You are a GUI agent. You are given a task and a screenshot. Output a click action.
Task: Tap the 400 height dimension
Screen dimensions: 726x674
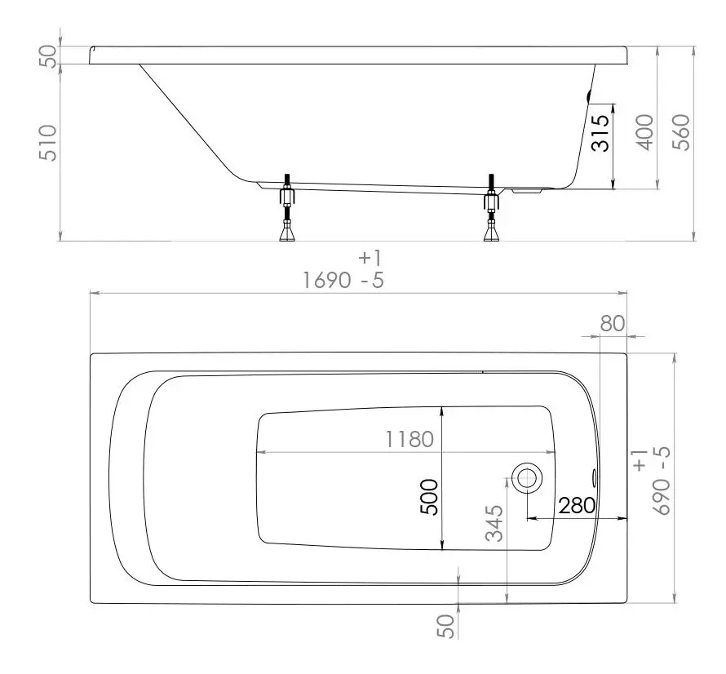click(644, 132)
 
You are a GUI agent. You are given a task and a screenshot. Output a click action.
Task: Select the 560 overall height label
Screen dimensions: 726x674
click(680, 132)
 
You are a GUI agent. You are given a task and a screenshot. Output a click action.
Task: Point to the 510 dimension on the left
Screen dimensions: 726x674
click(47, 143)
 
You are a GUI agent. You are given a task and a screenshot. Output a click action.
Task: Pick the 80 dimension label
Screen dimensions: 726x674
click(612, 323)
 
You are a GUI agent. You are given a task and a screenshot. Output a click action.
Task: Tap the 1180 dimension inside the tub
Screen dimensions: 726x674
click(409, 439)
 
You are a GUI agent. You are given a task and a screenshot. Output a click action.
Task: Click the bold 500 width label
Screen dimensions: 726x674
click(429, 497)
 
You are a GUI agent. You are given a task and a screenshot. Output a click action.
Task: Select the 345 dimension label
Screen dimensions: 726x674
click(494, 523)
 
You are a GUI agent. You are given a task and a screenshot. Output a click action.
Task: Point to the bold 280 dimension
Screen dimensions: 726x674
click(577, 505)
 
